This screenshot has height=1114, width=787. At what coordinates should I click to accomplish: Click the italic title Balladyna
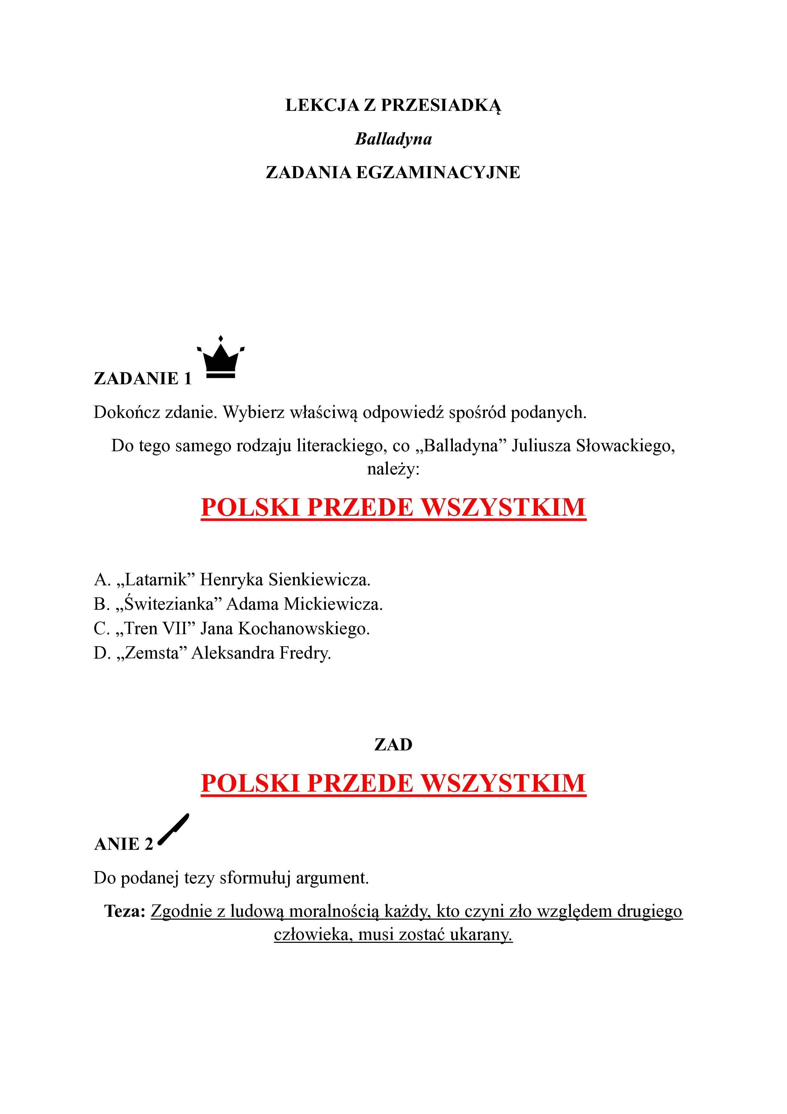(x=393, y=139)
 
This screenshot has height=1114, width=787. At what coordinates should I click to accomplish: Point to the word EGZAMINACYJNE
(x=438, y=173)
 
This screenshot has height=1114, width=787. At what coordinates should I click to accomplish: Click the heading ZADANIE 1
(x=143, y=379)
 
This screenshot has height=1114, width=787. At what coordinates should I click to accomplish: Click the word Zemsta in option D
(x=152, y=654)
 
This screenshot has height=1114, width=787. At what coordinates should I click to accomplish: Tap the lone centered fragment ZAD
(x=393, y=745)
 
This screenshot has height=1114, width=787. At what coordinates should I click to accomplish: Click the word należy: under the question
(x=393, y=470)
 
